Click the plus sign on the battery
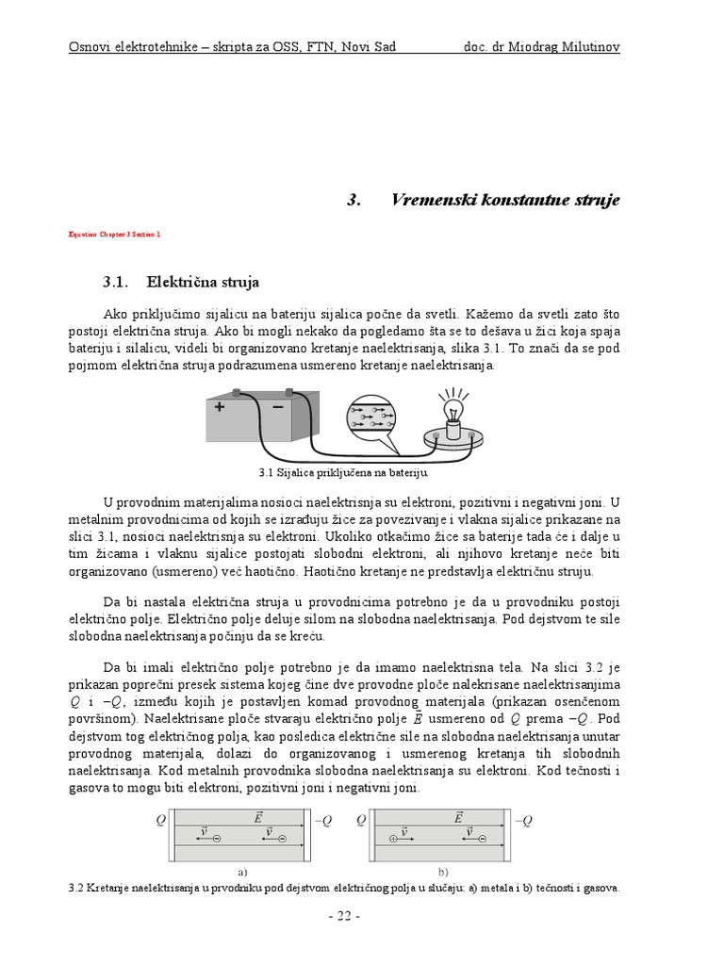pyautogui.click(x=220, y=408)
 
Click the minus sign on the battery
pyautogui.click(x=278, y=407)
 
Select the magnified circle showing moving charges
pyautogui.click(x=374, y=417)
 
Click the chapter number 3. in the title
pyautogui.click(x=354, y=200)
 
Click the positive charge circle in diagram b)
pyautogui.click(x=392, y=839)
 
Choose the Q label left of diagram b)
pyautogui.click(x=361, y=821)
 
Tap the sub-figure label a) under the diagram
pyautogui.click(x=242, y=873)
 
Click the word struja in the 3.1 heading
pyautogui.click(x=239, y=282)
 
